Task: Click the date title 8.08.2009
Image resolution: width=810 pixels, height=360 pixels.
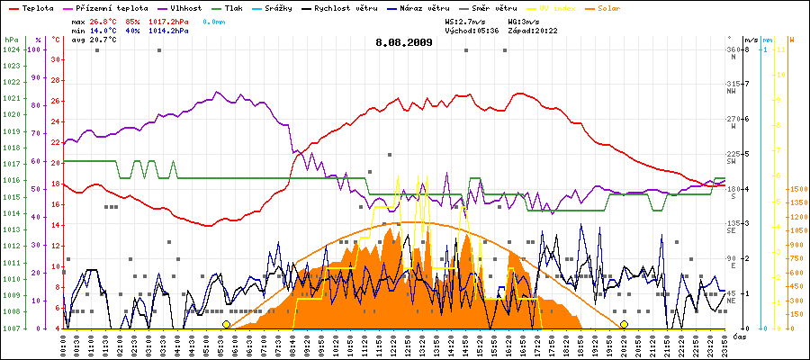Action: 404,41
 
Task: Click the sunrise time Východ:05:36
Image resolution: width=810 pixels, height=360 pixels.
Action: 471,30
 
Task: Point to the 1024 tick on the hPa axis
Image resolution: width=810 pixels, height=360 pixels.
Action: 11,49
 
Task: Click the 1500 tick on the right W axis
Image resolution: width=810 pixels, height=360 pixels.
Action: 796,189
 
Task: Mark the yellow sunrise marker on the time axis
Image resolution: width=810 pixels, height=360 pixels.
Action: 226,324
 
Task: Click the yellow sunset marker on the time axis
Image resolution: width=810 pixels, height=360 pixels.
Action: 624,324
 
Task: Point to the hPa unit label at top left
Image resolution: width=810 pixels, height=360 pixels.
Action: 10,40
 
